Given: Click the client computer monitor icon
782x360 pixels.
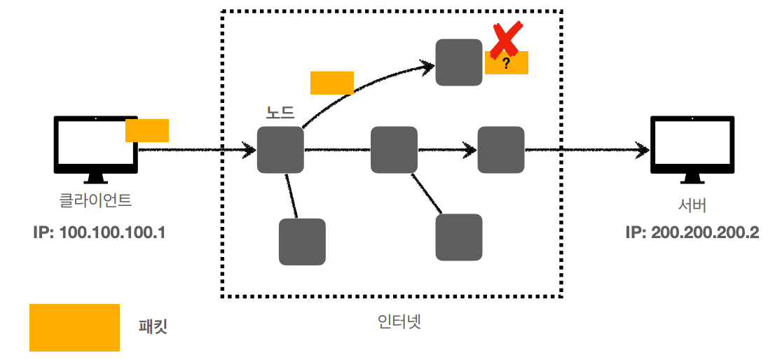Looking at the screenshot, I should coord(96,145).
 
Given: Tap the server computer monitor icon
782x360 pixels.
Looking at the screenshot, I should coord(692,145).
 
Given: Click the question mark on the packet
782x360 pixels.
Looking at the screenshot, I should coord(506,64).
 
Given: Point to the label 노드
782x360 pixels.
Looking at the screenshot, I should coord(280,112).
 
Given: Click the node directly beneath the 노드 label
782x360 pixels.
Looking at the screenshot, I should coord(280,150).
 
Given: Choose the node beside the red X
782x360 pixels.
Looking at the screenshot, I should coord(459,62).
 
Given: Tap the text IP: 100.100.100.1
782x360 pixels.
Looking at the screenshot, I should coord(99,233).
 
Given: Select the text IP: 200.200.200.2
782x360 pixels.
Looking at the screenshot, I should coord(692,233).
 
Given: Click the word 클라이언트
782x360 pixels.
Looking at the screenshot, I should coord(96,201).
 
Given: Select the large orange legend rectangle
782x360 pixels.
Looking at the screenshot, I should coord(74,327).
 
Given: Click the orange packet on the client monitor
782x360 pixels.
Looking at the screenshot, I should coord(147,130).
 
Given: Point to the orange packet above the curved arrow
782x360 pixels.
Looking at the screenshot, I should coord(331,83).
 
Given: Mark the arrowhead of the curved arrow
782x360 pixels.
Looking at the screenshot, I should coord(427,66).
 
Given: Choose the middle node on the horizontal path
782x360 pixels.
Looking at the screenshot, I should coord(394,150).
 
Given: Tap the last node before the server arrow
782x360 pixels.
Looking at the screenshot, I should coord(501,150).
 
